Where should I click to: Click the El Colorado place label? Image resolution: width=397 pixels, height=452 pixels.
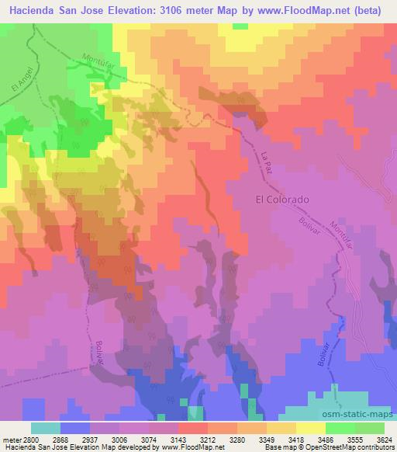[x=282, y=199]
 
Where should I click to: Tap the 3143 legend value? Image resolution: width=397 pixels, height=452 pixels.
[x=171, y=439]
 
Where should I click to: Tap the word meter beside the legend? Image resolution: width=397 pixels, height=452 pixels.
[x=10, y=439]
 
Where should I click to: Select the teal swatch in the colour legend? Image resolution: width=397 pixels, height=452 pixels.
[x=46, y=428]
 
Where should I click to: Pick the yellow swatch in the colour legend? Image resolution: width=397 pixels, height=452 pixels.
[x=310, y=428]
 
